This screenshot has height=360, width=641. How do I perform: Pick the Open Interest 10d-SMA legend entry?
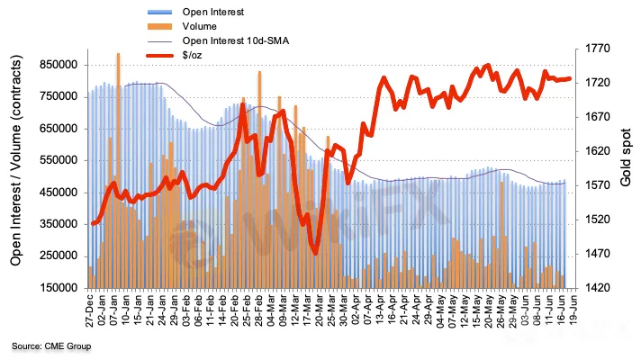(237, 41)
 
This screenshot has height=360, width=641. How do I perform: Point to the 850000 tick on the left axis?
(58, 65)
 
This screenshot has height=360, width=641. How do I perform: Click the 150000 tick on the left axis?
(58, 288)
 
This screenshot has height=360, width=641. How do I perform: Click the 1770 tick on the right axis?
(594, 49)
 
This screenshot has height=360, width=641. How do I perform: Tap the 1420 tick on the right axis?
(594, 288)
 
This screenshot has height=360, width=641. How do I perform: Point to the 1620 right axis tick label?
(594, 151)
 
